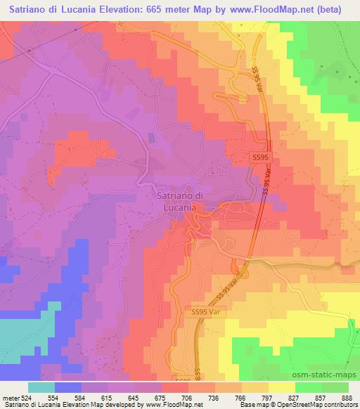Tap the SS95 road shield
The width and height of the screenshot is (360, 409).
tap(259, 159)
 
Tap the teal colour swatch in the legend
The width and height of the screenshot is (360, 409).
tap(41, 387)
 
